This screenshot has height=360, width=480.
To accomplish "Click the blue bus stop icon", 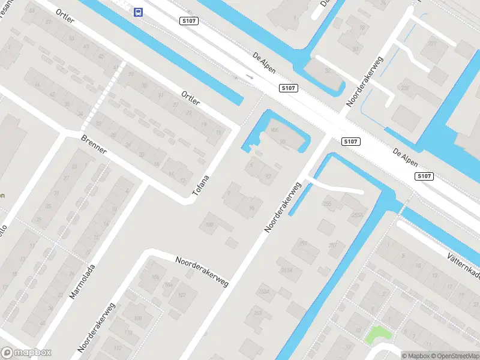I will point(139,11).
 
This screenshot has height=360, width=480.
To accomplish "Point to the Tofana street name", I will point(201,185).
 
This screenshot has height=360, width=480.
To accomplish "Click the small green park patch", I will point(377,334).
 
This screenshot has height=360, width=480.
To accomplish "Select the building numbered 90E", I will point(275,130).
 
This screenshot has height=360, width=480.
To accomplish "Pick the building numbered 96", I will point(251,208).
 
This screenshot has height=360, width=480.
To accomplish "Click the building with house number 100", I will point(209,225).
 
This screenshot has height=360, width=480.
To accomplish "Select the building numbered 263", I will point(257,313).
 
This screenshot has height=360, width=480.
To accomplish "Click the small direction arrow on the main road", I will point(250,77).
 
